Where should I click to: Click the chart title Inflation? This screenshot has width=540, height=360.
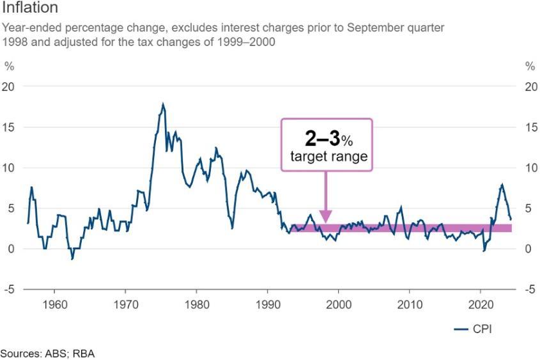coord(31,8)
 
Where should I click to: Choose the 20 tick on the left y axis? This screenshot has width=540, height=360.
coord(10,87)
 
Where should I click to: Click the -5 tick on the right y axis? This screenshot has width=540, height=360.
coord(530,290)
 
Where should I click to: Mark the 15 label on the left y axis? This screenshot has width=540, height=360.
coord(10,127)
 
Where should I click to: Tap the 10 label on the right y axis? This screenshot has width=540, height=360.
coord(530,168)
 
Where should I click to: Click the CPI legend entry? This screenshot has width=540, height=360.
coord(473,329)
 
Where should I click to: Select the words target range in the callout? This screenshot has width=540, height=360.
coord(326,157)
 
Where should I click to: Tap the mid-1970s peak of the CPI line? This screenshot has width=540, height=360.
coord(163,104)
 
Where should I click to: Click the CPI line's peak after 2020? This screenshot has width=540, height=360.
coord(502,185)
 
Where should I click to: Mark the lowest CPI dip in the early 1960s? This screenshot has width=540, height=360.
coord(72,259)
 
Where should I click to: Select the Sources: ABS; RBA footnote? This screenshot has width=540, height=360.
coord(47,353)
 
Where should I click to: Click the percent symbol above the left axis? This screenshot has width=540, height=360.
coord(9,66)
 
